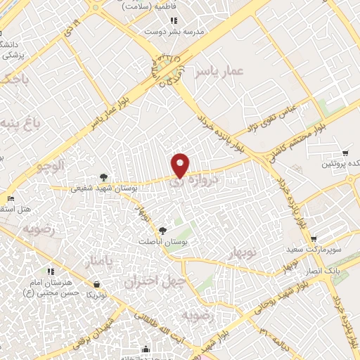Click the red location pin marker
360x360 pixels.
pos(181,164)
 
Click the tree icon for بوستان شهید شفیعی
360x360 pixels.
pos(104,177)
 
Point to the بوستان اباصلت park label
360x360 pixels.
pos(163,240)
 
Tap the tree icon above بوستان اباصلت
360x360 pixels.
pos(163,230)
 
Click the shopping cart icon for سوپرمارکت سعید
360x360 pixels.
pos(314,239)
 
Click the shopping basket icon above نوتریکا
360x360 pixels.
pos(96,283)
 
